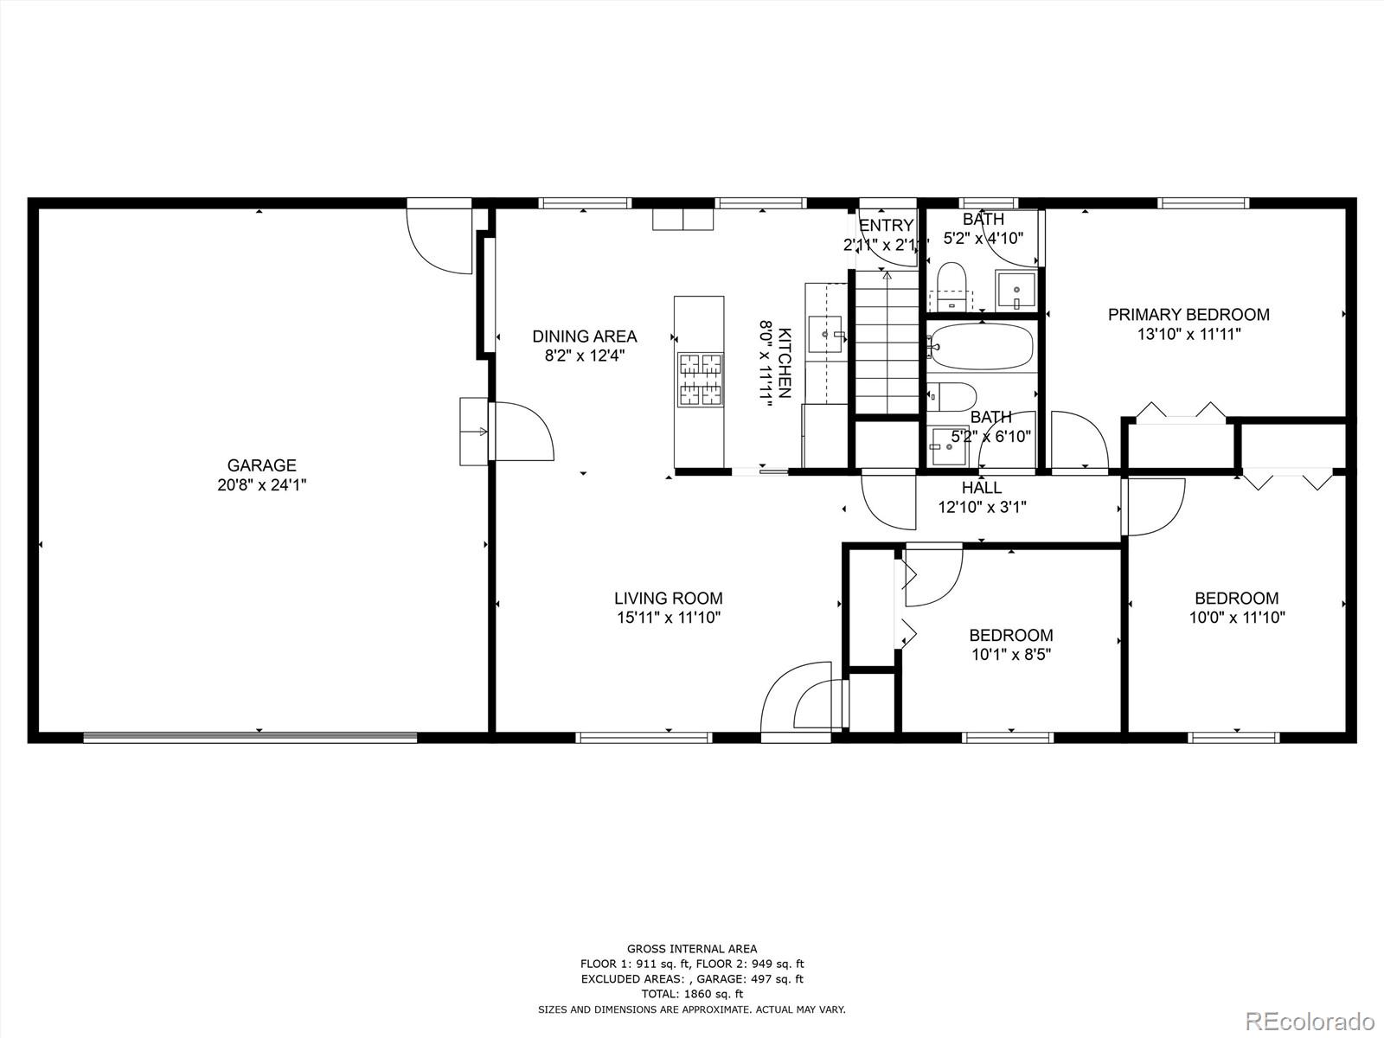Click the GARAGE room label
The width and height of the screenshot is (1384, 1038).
[x=261, y=465]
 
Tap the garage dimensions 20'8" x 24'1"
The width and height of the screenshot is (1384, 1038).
[x=261, y=485]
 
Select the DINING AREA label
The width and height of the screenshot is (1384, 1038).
[x=584, y=336]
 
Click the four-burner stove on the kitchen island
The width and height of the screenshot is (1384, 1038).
[x=700, y=379]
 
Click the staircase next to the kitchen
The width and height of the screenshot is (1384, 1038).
[x=887, y=343]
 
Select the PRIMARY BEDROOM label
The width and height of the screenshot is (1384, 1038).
[x=1189, y=315]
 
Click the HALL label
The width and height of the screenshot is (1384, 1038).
[x=982, y=488]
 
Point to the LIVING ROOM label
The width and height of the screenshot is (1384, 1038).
[x=668, y=598]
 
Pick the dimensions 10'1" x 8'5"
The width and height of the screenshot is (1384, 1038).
[x=1010, y=655]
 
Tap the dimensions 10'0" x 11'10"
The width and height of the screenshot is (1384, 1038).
[x=1236, y=618]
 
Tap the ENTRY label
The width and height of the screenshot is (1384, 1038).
[x=886, y=226]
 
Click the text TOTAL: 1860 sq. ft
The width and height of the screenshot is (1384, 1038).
[x=691, y=994]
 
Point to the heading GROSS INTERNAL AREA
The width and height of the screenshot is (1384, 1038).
[x=691, y=949]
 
